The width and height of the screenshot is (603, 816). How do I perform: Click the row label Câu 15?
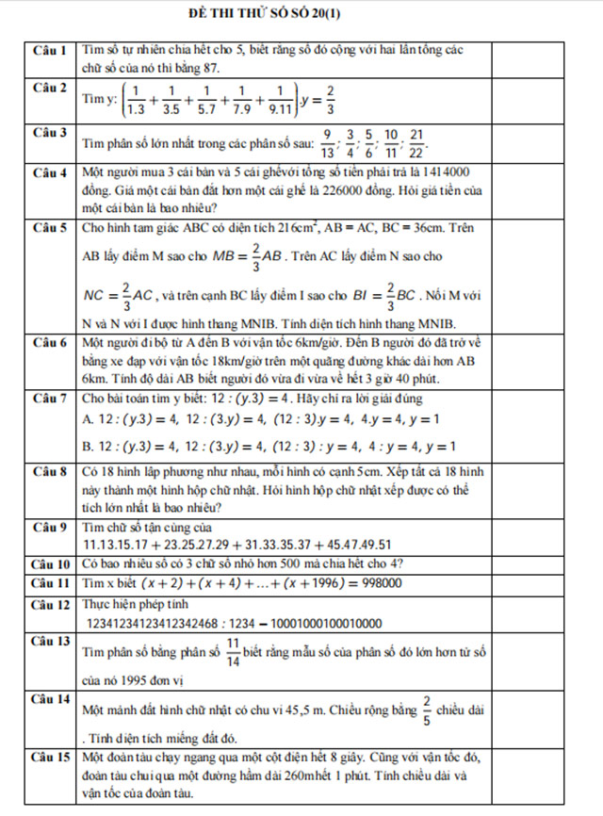49,757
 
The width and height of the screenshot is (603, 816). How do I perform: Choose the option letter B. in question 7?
89,446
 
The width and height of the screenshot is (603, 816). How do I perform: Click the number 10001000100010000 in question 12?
315,624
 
